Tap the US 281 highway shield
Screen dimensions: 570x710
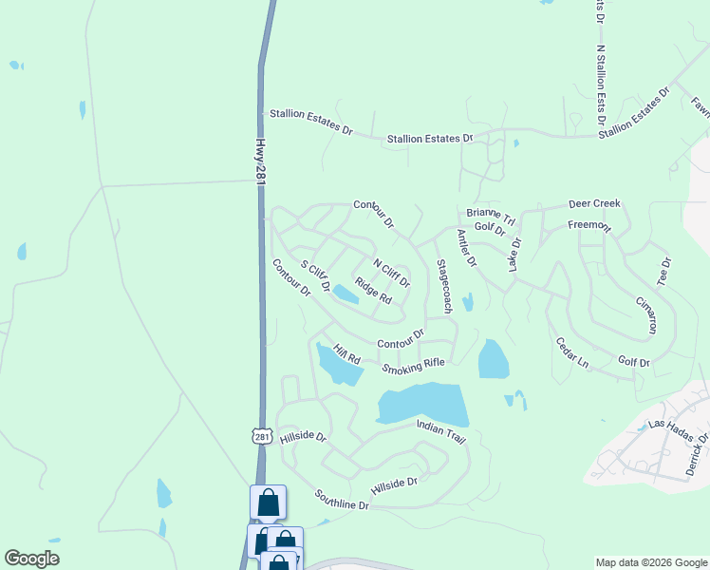(x=263, y=436)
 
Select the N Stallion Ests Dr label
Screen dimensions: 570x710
(x=600, y=86)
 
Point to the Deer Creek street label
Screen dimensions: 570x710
(x=593, y=203)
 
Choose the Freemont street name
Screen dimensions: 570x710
(x=589, y=225)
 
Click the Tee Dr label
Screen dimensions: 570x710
(x=664, y=272)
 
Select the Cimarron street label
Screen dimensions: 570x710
(x=645, y=313)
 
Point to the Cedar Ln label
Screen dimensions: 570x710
(x=571, y=352)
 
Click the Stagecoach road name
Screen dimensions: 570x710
(x=442, y=286)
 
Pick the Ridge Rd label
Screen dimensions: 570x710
(x=373, y=291)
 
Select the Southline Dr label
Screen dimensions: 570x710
(x=342, y=500)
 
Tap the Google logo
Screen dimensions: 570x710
(x=31, y=559)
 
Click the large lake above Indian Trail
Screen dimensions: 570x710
(x=423, y=405)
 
